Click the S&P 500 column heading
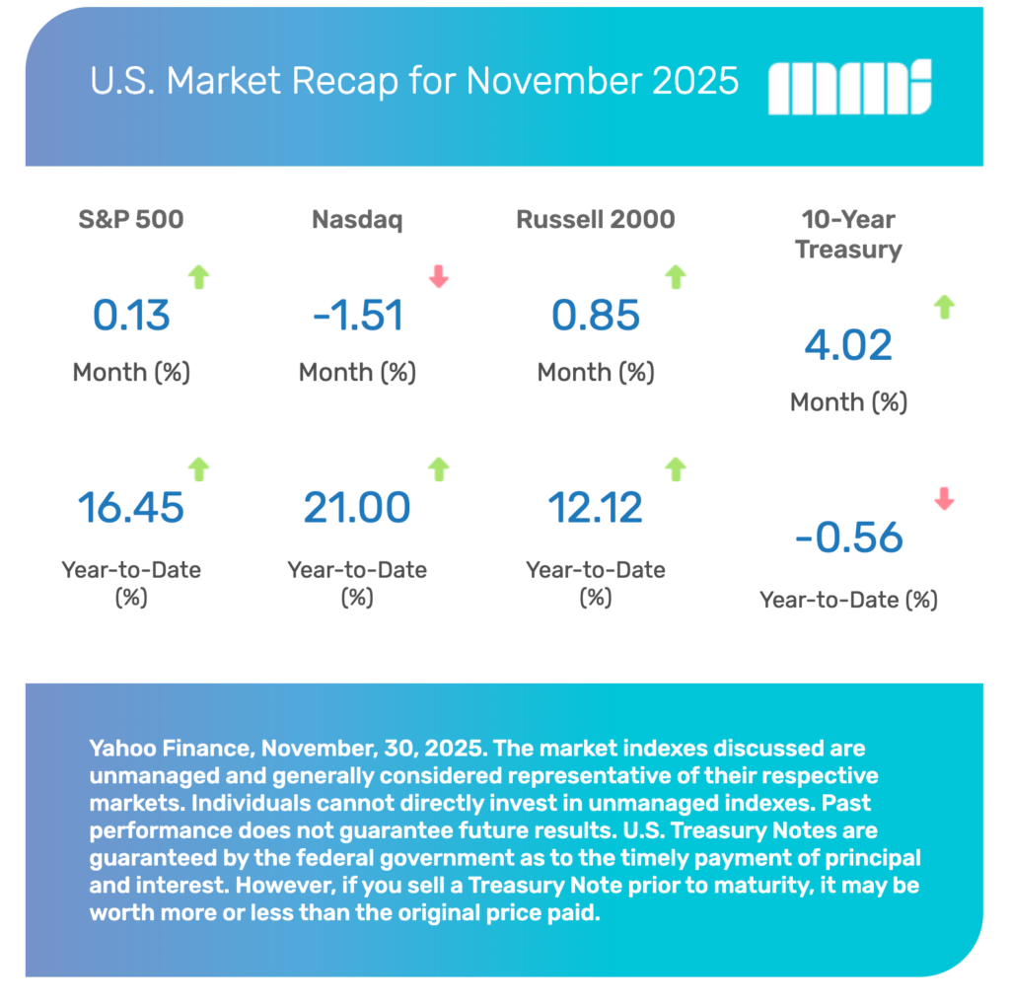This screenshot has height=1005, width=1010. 131,219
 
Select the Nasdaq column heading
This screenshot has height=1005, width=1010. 357,219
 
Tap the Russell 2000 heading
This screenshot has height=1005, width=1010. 596,219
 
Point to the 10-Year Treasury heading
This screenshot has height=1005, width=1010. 848,235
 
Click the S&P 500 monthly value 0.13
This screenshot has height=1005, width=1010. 131,316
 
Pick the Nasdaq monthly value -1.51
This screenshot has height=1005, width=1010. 357,316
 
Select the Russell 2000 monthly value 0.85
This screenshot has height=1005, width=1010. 596,316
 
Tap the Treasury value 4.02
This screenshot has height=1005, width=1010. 848,345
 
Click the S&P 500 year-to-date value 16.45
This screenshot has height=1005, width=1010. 131,507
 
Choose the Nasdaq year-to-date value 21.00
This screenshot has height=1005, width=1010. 357,507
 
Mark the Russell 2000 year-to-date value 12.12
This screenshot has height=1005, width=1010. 596,507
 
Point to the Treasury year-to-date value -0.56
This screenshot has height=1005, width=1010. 848,538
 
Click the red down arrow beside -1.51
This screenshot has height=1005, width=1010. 439,278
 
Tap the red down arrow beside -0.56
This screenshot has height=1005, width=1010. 944,499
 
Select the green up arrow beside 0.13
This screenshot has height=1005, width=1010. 199,278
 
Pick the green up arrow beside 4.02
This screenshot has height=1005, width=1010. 944,308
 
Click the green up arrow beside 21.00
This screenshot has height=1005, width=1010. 439,469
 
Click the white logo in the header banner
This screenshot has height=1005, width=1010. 849,88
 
